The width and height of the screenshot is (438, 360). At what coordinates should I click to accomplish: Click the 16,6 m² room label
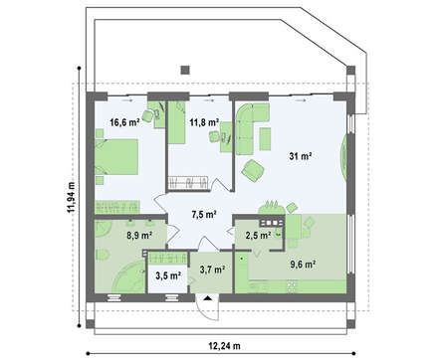[x=124, y=122]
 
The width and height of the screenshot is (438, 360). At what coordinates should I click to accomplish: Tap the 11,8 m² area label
[x=204, y=122]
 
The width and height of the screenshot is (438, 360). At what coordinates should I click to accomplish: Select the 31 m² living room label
[x=300, y=156]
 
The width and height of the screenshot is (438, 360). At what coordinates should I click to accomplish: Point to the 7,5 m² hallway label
[x=204, y=215]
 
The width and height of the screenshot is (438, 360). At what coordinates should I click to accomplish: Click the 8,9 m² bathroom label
[x=139, y=236]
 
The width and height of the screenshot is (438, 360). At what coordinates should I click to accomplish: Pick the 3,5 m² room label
[x=168, y=275]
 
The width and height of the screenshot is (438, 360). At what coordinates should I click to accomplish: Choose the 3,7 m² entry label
[x=212, y=270]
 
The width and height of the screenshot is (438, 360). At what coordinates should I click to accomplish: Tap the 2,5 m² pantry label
[x=258, y=235]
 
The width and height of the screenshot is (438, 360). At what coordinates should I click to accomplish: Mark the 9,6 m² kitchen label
[x=303, y=265]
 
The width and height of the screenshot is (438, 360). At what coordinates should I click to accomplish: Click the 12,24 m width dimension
[x=224, y=346]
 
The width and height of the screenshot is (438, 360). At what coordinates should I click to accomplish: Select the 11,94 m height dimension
[x=71, y=197]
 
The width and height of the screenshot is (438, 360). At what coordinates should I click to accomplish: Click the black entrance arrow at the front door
[x=208, y=298]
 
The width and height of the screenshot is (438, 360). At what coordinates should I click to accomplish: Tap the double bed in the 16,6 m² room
[x=116, y=157]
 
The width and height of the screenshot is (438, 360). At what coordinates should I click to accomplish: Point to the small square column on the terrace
[x=185, y=70]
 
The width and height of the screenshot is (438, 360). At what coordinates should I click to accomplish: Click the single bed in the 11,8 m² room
[x=176, y=122]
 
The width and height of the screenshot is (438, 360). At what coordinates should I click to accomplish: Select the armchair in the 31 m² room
[x=253, y=170]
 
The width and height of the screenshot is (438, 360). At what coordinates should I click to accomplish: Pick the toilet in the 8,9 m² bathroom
[x=103, y=255]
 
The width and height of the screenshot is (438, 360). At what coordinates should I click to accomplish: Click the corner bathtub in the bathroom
[x=128, y=276]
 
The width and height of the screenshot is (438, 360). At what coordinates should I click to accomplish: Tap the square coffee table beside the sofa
[x=265, y=139]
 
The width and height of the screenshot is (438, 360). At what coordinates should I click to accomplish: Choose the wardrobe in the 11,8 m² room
[x=188, y=183]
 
